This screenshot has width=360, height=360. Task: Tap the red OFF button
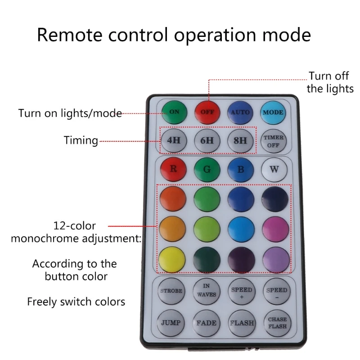207,112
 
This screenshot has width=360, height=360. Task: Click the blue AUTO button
240,112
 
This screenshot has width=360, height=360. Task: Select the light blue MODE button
274,112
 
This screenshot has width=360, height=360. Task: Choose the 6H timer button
207,140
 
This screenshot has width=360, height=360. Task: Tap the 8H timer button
240,140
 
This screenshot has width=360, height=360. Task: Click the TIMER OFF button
274,141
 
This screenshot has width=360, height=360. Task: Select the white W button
274,170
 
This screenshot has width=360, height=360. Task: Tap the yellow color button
172,260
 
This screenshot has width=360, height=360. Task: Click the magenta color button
276,229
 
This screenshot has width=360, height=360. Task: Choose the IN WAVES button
206,291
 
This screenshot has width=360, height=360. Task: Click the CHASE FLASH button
277,323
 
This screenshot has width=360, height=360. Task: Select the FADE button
206,323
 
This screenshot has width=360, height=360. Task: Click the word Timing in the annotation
81,140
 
